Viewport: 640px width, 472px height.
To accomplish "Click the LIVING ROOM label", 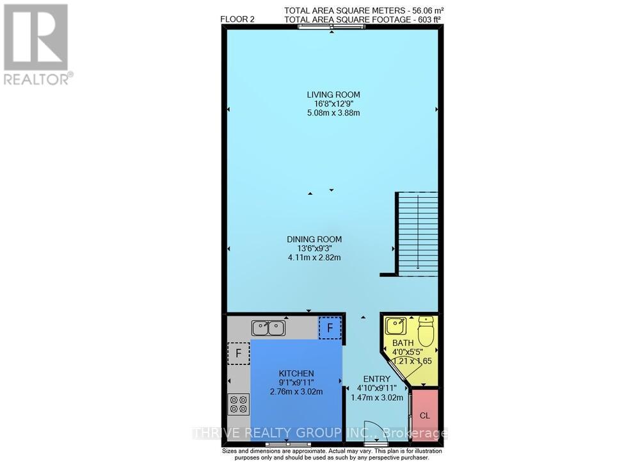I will [x=333, y=95].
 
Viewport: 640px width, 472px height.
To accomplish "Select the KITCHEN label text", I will [x=296, y=373].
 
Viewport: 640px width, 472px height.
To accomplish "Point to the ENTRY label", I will [x=377, y=378].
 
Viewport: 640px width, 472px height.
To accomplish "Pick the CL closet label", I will [x=425, y=415].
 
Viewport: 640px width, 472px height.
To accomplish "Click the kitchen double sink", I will [x=269, y=329].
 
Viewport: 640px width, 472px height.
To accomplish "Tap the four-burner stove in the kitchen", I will [x=238, y=404].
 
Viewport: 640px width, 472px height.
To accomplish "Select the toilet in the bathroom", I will [x=426, y=332].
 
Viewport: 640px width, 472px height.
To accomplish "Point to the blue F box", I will [x=330, y=327].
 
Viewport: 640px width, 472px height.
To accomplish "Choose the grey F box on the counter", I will [x=238, y=353].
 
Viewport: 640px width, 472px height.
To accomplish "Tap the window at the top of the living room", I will [x=332, y=27].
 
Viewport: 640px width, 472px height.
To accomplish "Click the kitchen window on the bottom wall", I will [x=286, y=443].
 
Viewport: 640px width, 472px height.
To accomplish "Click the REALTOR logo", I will [x=36, y=44].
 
